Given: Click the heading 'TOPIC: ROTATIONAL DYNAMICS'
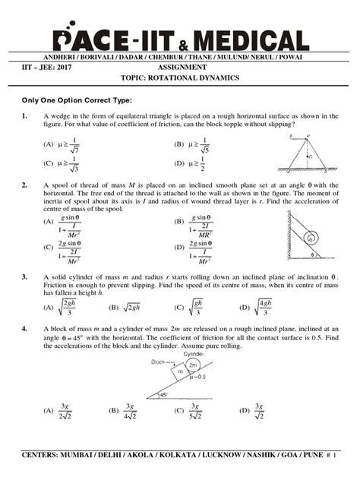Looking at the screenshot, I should (x=180, y=78).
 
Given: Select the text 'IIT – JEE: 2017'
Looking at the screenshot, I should (x=46, y=67).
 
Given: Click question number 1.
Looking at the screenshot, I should (x=25, y=115).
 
